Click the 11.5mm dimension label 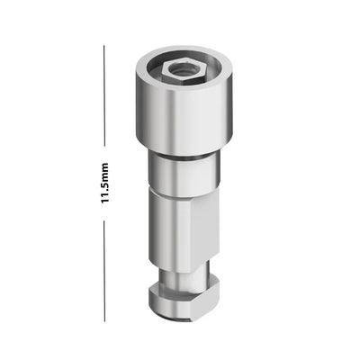click(104, 184)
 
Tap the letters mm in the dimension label click(104, 171)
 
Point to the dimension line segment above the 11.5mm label click(104, 96)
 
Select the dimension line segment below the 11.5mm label click(104, 271)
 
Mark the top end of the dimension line click(104, 46)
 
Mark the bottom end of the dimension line click(104, 321)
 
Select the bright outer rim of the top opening click(184, 51)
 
